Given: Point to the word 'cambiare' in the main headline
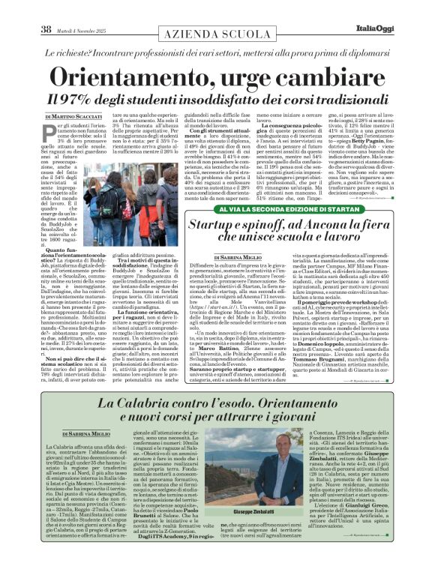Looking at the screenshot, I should (326, 77).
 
